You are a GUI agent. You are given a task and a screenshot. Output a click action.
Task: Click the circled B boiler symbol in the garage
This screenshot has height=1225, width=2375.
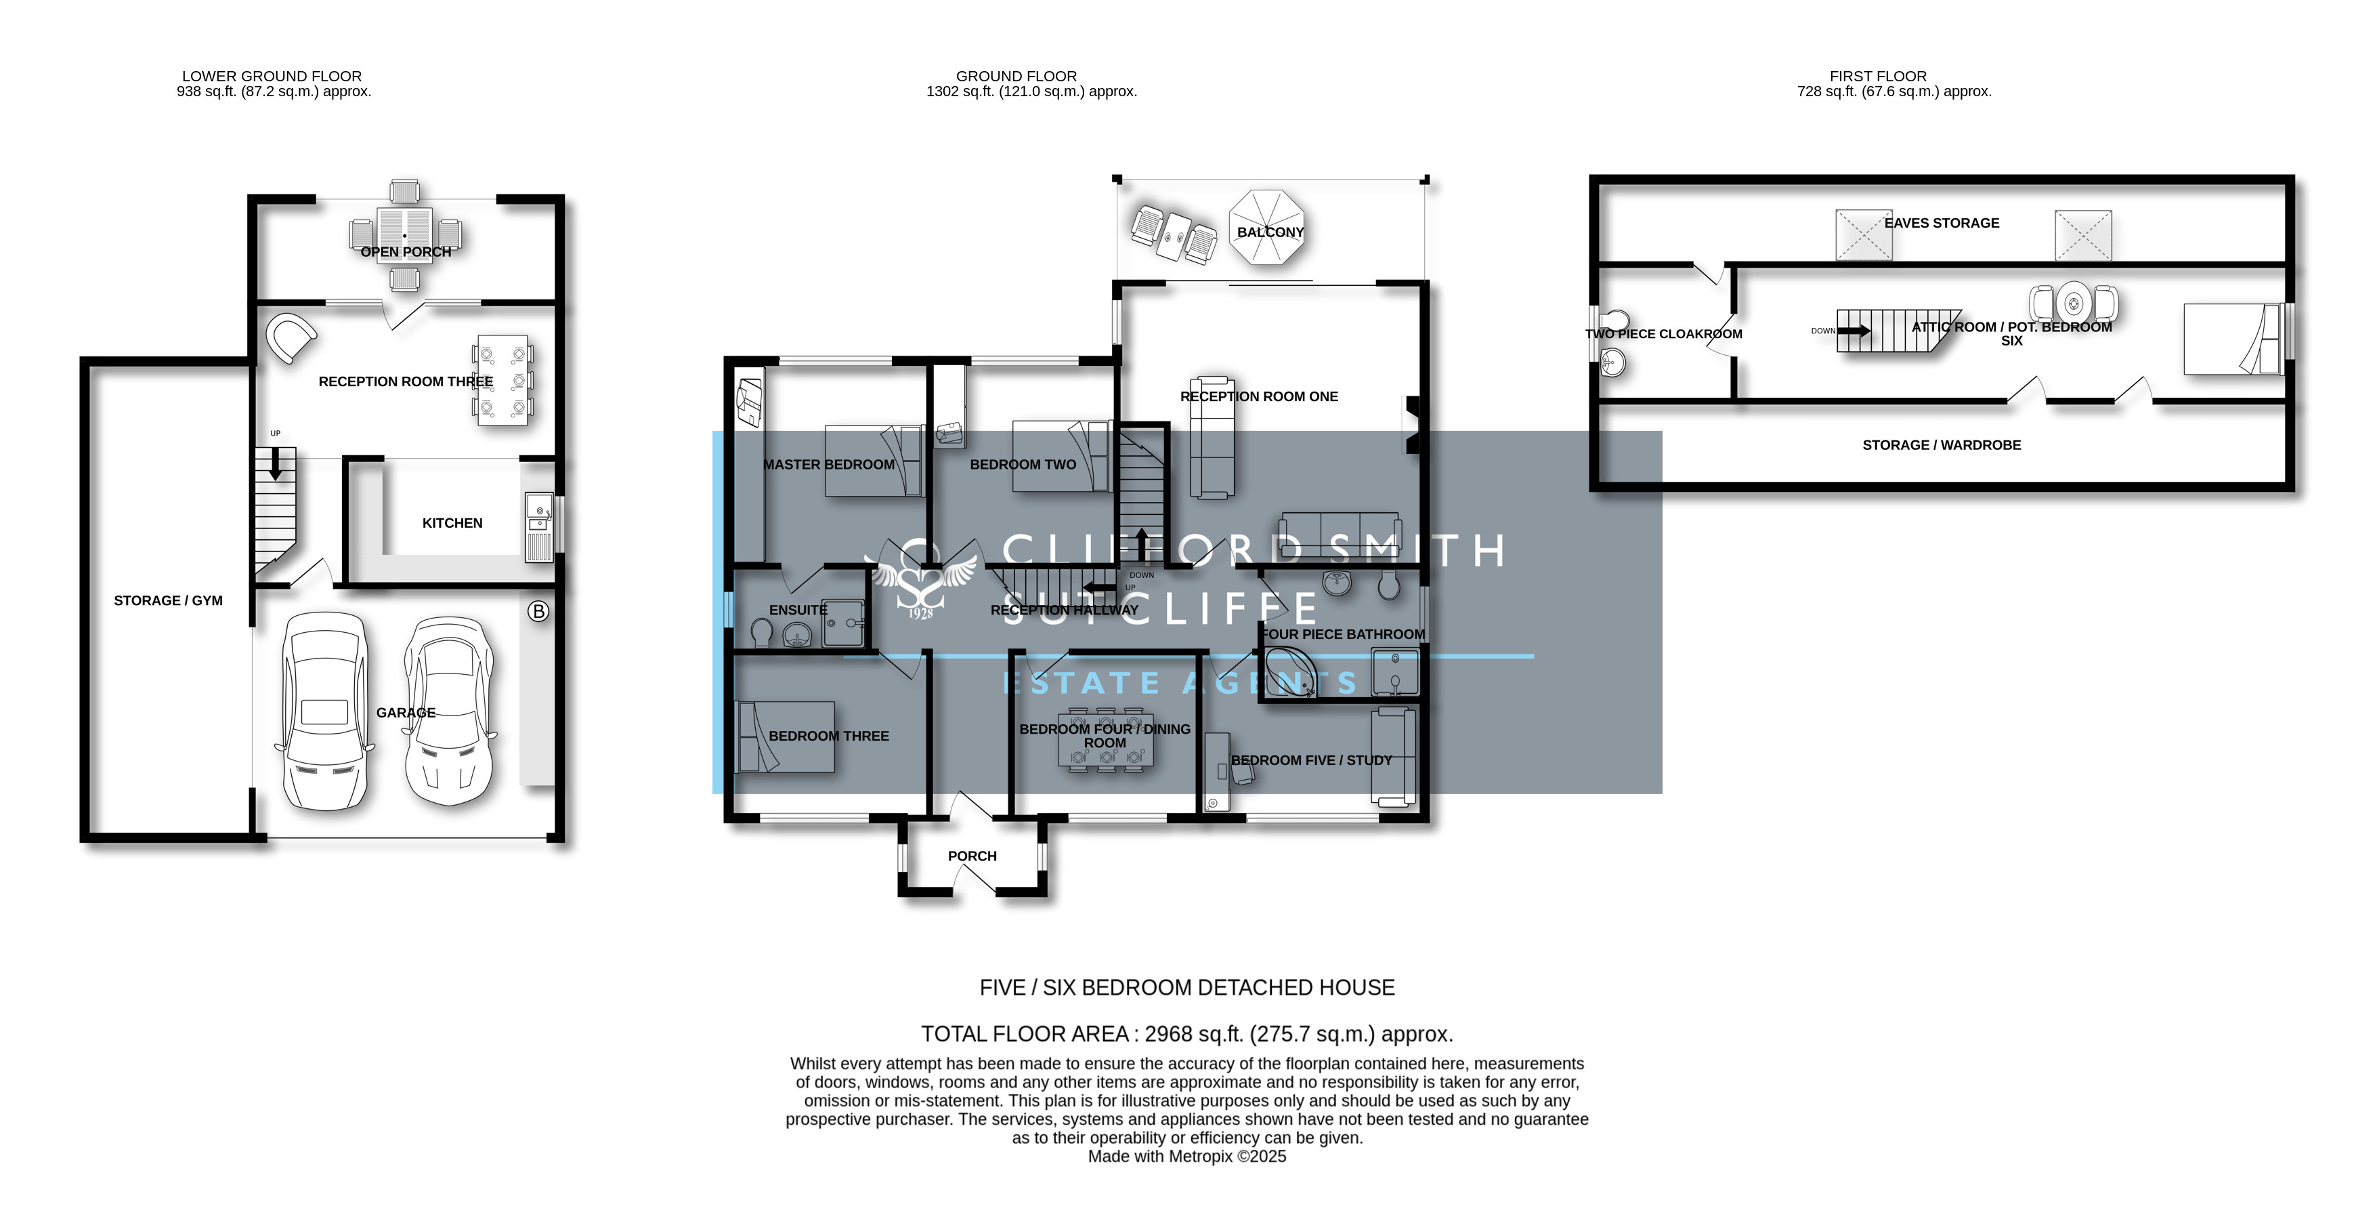point(538,610)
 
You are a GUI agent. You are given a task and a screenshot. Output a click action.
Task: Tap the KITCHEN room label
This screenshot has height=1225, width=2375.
point(452,523)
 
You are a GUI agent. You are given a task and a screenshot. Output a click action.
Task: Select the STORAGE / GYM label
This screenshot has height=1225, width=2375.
point(168,600)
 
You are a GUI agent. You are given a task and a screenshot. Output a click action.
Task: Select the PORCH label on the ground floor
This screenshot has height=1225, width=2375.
point(972,856)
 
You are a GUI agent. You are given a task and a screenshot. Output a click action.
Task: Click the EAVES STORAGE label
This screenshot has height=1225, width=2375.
point(1942,223)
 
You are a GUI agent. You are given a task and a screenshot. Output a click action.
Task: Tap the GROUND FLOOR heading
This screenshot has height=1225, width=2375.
point(1016,77)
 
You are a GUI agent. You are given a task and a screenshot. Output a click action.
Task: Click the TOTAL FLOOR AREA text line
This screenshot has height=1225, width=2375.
point(1186,1034)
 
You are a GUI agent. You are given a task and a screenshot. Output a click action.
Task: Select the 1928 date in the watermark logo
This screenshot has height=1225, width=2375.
point(920,613)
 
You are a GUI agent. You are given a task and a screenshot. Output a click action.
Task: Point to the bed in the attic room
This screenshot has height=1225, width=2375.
point(2233,339)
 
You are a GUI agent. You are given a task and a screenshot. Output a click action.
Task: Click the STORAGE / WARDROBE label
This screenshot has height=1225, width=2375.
point(1942,444)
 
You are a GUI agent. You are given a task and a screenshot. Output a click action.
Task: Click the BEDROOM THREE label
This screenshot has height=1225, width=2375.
point(829,736)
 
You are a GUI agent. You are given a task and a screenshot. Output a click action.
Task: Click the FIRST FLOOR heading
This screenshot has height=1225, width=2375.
point(1878,77)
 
